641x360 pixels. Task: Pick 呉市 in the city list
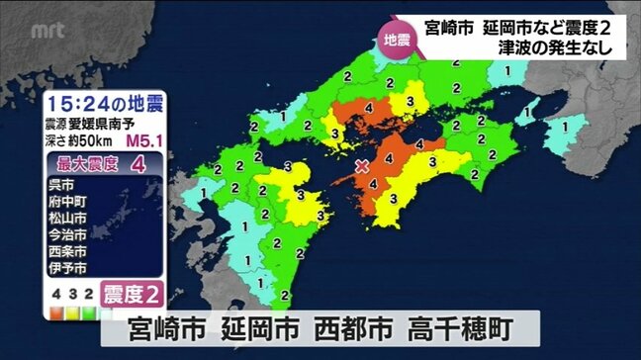pyautogui.click(x=61, y=184)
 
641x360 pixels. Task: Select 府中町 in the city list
pyautogui.click(x=68, y=201)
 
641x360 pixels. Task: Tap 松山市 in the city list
pyautogui.click(x=68, y=218)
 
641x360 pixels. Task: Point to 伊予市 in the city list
pyautogui.click(x=68, y=268)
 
